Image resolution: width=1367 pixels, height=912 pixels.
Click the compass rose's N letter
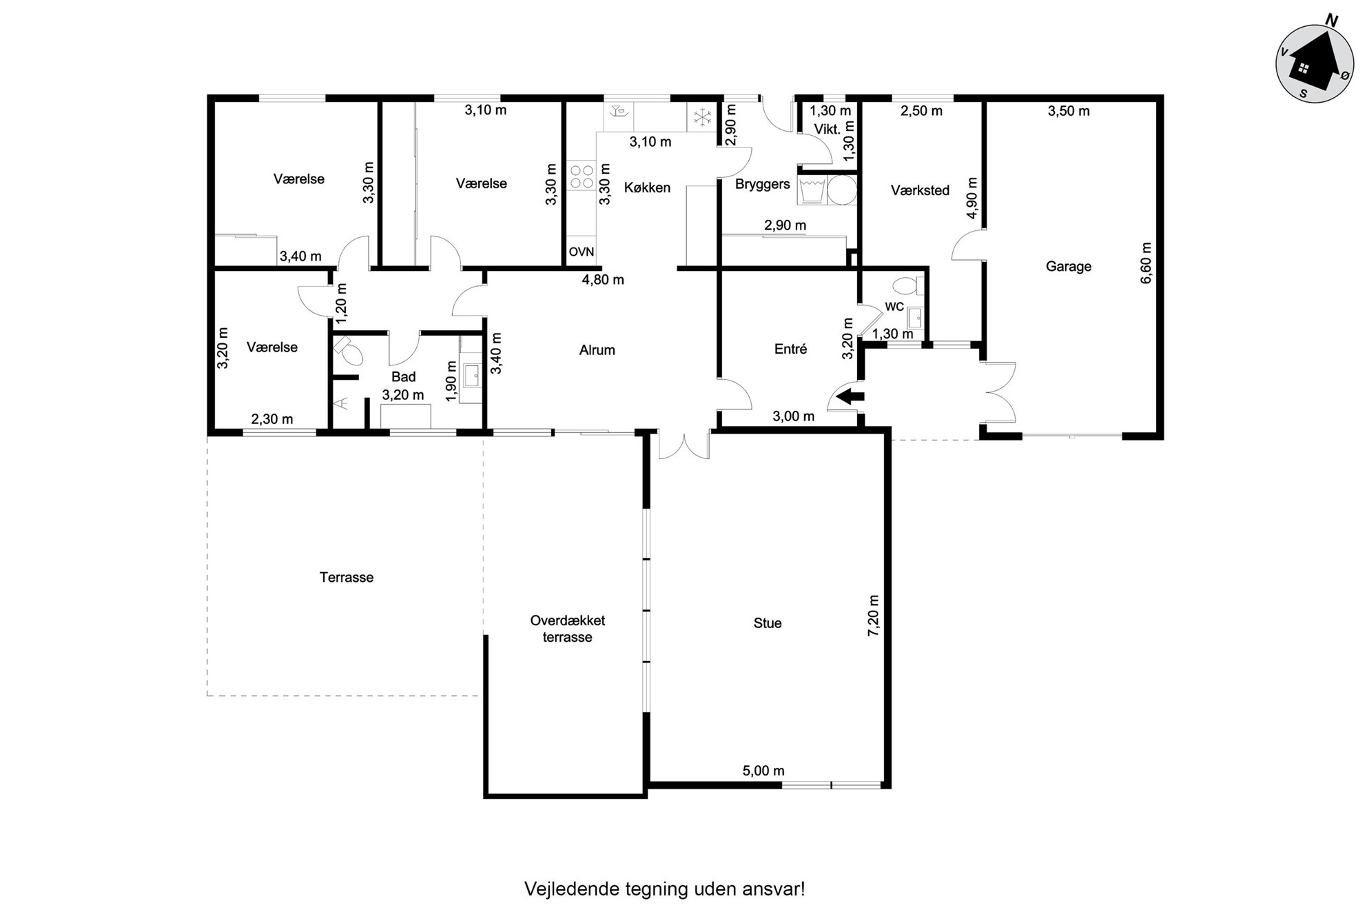1332,21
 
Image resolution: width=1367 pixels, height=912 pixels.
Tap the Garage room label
1068,266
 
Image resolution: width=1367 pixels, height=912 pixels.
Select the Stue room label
767,623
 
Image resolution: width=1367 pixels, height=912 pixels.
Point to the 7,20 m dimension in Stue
874,616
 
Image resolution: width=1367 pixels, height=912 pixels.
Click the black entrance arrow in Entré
850,396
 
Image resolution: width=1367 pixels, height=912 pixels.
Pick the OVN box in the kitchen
581,252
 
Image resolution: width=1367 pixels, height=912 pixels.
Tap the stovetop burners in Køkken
582,176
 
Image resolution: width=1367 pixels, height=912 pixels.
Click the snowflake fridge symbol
701,118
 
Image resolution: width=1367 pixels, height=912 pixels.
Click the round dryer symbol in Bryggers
841,190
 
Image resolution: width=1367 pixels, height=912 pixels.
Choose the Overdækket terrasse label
568,629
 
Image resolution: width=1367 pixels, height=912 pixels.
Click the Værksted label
920,190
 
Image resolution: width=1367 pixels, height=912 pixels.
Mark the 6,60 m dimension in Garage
1145,263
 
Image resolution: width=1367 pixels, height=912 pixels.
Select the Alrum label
597,350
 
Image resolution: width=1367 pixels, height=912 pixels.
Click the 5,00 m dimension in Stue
763,771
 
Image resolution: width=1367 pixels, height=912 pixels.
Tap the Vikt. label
827,129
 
